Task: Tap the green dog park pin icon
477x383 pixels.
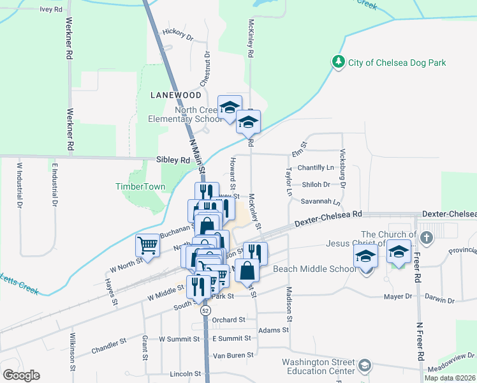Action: coord(337,62)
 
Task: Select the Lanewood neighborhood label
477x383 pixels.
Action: coord(175,94)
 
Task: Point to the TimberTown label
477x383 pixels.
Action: coord(140,187)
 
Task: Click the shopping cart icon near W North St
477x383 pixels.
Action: coord(147,245)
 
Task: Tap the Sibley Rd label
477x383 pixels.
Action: coord(173,161)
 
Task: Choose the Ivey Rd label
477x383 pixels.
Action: coord(51,10)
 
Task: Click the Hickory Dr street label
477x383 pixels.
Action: coord(178,34)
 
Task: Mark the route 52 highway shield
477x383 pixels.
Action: coord(205,310)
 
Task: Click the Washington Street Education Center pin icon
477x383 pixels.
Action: coord(364,366)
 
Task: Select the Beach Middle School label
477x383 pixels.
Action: coord(314,269)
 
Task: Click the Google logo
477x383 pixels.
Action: coord(21,375)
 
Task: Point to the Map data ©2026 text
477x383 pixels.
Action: coord(449,378)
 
